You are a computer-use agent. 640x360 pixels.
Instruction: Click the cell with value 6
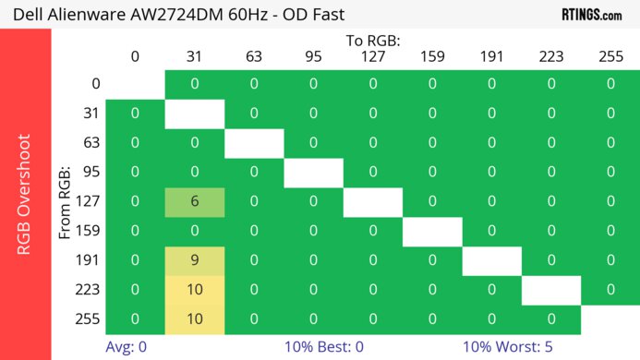click(194, 202)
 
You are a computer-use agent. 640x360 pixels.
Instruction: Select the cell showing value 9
click(194, 260)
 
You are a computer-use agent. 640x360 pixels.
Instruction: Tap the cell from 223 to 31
click(194, 290)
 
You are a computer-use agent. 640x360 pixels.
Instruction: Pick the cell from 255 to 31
click(194, 319)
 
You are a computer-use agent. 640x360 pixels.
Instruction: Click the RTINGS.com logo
click(591, 14)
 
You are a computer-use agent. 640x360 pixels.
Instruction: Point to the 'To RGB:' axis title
click(373, 41)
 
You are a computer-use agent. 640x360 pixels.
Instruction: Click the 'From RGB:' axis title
click(66, 202)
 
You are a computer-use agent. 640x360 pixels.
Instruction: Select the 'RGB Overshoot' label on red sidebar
click(26, 194)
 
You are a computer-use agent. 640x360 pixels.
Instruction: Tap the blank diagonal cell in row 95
click(313, 173)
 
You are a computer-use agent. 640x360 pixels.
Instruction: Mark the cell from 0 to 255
click(610, 84)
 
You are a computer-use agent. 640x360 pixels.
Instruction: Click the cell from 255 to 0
click(135, 319)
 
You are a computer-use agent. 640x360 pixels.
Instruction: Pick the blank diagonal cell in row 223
click(551, 290)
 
